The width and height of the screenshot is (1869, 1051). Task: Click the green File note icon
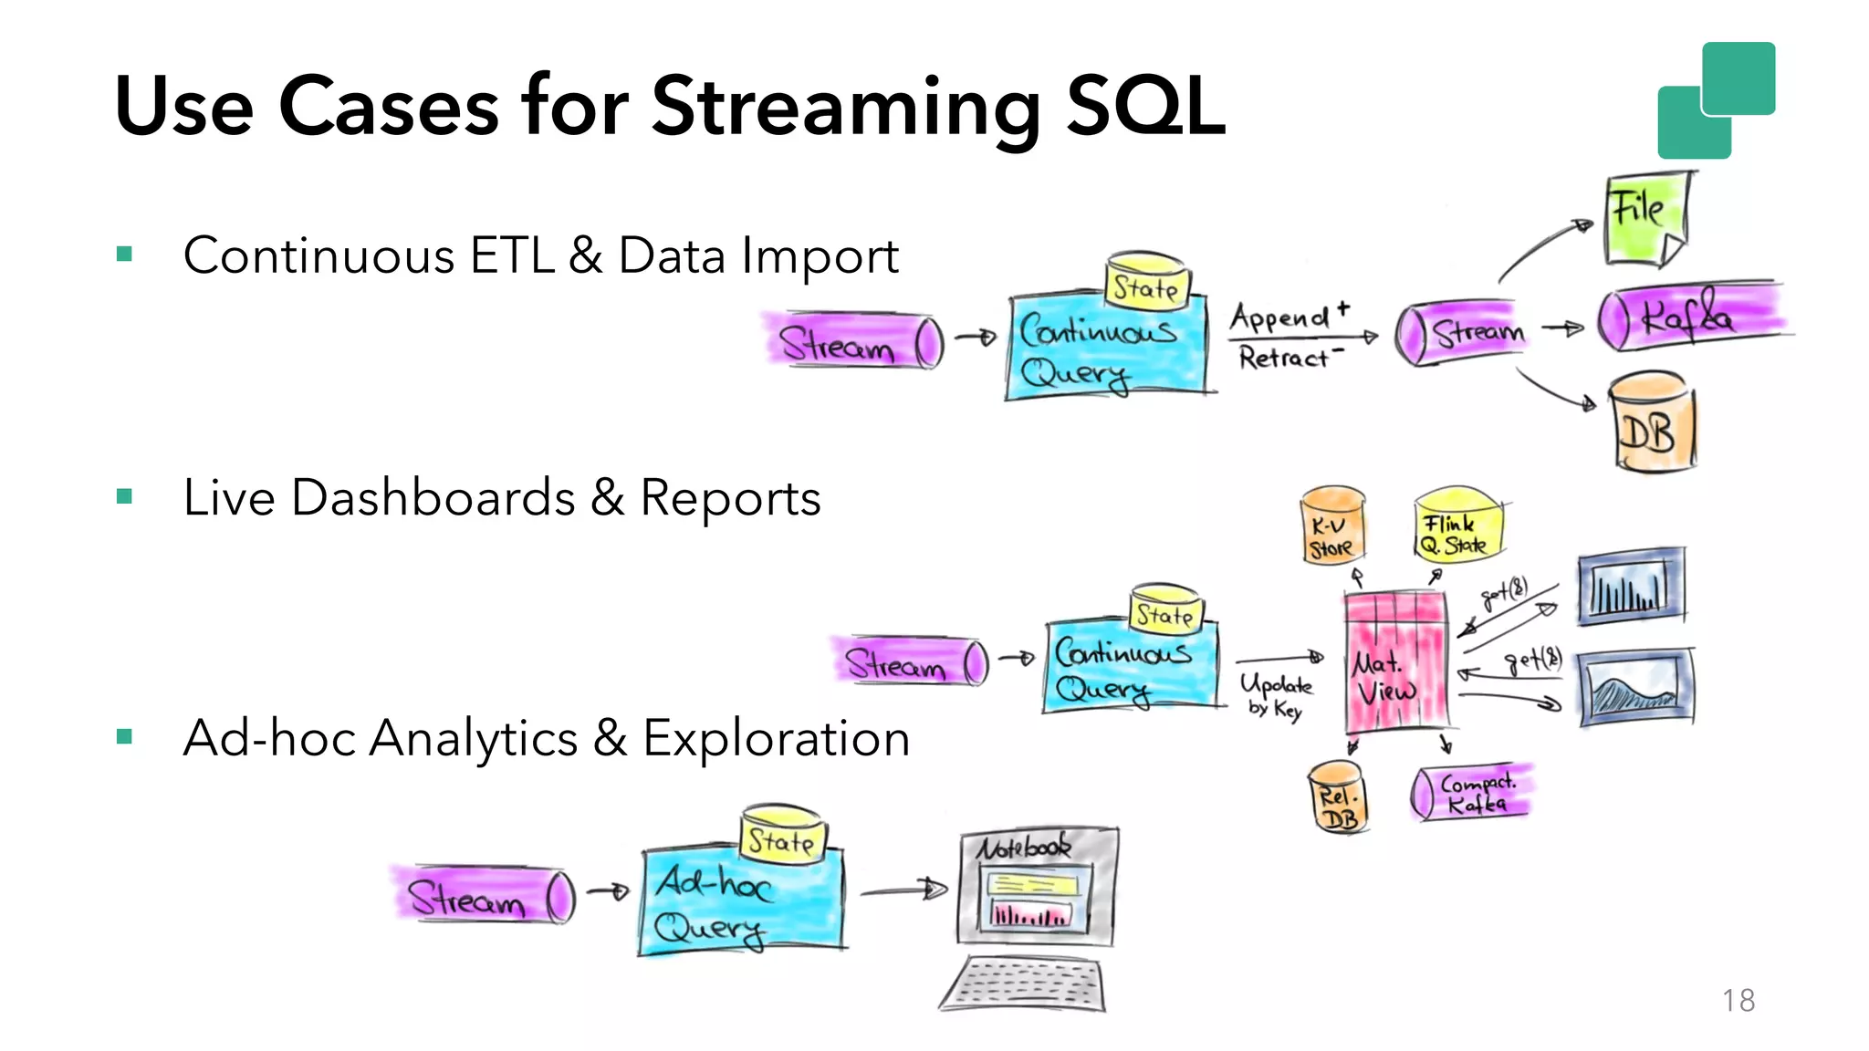click(x=1645, y=220)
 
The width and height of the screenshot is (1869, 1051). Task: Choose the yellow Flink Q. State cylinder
click(x=1457, y=526)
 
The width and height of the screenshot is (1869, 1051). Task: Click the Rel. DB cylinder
click(x=1338, y=798)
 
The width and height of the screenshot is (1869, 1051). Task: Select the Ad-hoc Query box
click(x=741, y=901)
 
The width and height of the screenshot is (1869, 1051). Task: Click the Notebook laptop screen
click(x=1038, y=888)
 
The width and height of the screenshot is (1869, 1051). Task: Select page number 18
click(x=1738, y=1000)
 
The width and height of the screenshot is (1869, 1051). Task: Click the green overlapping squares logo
click(x=1716, y=100)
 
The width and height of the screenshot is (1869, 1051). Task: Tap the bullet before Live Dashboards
click(x=125, y=497)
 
